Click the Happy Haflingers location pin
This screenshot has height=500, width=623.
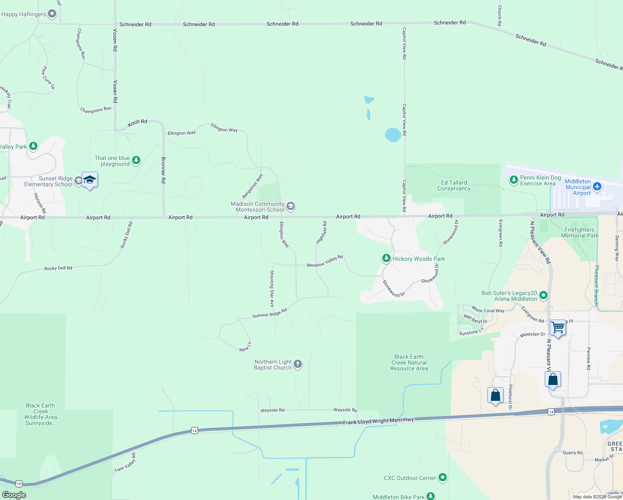point(52,14)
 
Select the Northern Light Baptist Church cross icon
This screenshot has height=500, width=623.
point(298,364)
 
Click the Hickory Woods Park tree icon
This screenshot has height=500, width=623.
point(386,258)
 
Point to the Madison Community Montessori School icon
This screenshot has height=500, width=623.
point(291,206)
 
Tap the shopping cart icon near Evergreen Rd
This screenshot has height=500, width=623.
point(558,327)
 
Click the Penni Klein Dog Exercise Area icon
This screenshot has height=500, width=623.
point(514,180)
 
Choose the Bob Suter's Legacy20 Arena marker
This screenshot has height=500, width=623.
point(543,295)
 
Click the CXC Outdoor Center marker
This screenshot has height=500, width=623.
point(443,477)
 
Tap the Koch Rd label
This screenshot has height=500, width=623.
point(137,122)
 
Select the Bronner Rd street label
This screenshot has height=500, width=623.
point(163,170)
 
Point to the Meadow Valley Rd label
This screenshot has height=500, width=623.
point(325,262)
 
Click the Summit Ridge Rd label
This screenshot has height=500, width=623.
point(269,313)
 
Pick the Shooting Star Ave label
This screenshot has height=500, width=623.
point(272,288)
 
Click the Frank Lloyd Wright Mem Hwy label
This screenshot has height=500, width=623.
point(379,421)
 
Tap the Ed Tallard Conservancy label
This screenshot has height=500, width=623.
point(454,185)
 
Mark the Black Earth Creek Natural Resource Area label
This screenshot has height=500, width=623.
point(409,362)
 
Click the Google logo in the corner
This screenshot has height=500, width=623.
point(14,495)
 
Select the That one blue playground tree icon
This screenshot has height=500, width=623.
point(136,160)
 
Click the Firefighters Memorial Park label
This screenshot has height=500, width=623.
point(580,232)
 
